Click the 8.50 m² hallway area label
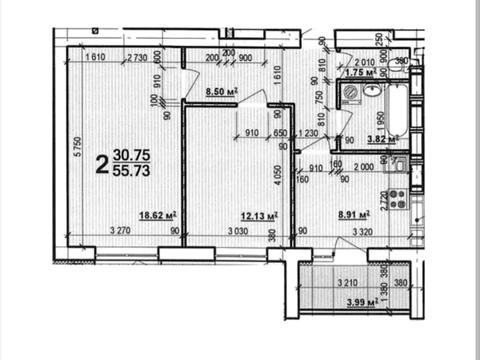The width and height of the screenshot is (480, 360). pos(221,91)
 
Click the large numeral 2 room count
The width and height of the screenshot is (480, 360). pos(101,163)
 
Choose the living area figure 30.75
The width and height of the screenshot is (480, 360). pos(134,155)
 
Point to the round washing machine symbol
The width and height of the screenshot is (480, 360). pos(352,95)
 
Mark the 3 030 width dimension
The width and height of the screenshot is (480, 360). pos(237,232)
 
